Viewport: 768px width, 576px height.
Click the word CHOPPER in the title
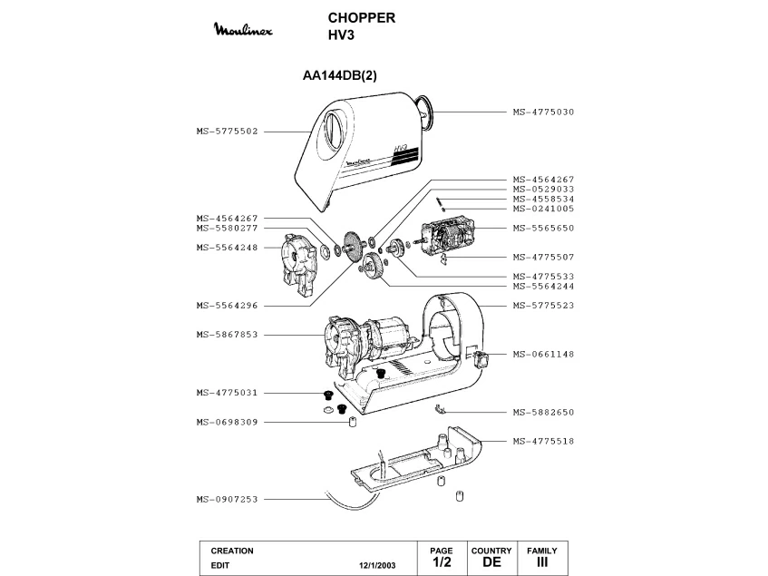pyautogui.click(x=361, y=18)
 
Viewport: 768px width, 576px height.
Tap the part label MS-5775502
pyautogui.click(x=228, y=131)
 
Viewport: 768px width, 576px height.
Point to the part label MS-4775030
pyautogui.click(x=543, y=112)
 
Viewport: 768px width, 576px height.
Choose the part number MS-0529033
pyautogui.click(x=543, y=189)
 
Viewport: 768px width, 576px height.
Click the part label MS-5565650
pyautogui.click(x=543, y=227)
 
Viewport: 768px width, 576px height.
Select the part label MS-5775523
pyautogui.click(x=543, y=305)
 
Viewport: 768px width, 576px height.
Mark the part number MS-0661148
pyautogui.click(x=543, y=354)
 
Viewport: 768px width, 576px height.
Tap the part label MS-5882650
pyautogui.click(x=543, y=412)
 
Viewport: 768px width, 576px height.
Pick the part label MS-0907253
pyautogui.click(x=228, y=498)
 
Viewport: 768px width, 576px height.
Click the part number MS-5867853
pyautogui.click(x=228, y=334)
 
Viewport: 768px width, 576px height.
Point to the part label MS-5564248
pyautogui.click(x=228, y=247)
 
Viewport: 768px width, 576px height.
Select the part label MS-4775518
pyautogui.click(x=543, y=441)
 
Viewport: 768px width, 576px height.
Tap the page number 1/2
pyautogui.click(x=442, y=562)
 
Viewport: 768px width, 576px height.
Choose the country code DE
pyautogui.click(x=491, y=562)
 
